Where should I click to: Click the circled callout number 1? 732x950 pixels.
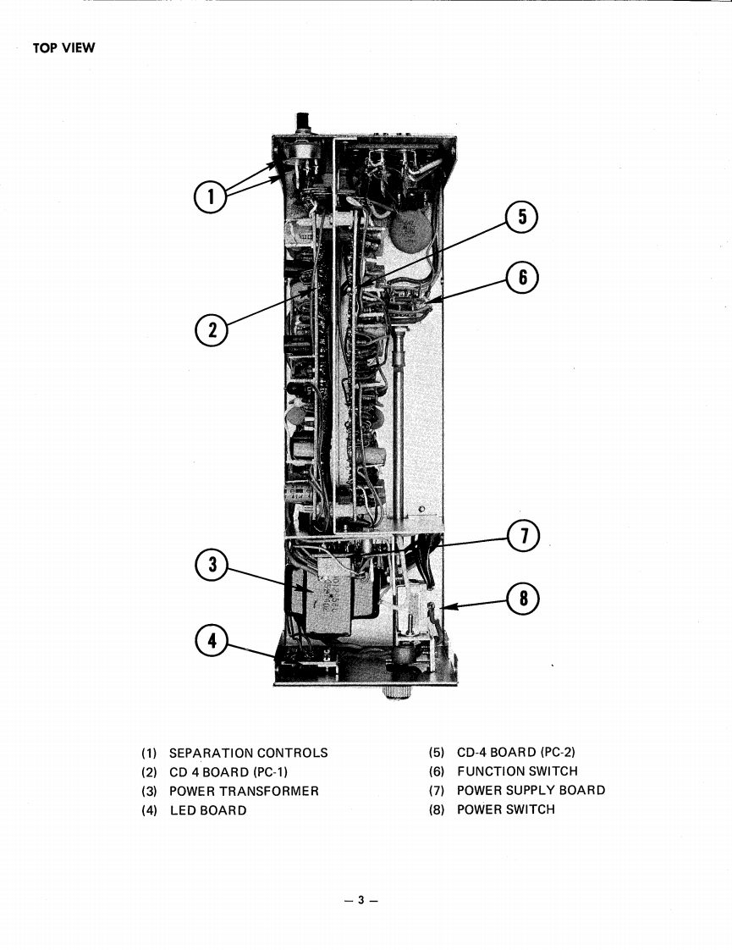coord(212,198)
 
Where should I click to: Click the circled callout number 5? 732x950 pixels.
coord(522,218)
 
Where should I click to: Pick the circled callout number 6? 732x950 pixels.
coord(522,278)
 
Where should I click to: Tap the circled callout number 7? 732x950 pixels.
coord(523,536)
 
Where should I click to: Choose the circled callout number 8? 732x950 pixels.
coord(523,599)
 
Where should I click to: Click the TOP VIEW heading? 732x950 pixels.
coord(64,47)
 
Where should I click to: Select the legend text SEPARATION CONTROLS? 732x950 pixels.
coord(248,753)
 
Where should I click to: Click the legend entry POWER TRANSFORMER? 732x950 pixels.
coord(244,791)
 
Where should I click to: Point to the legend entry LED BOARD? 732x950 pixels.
coord(208,810)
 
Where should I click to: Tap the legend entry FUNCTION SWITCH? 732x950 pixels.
coord(517,771)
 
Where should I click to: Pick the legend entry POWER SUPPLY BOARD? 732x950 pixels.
coord(531,790)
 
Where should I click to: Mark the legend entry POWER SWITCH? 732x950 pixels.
coord(505,809)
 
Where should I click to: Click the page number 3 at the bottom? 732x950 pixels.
coord(360,900)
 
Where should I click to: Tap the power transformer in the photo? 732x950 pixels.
coord(333,599)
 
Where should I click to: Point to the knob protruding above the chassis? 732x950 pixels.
coord(300,123)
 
